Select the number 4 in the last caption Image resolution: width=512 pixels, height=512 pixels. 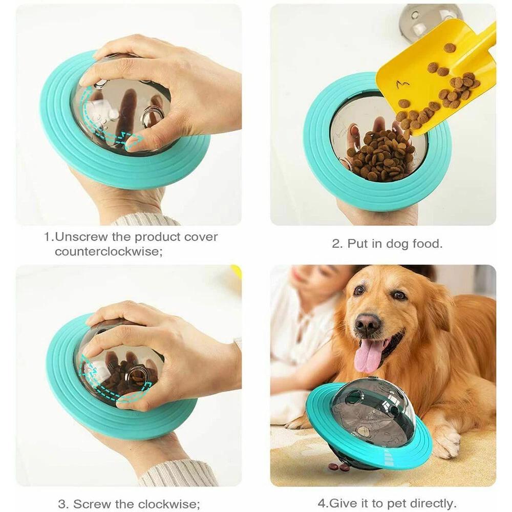tap(321, 503)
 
